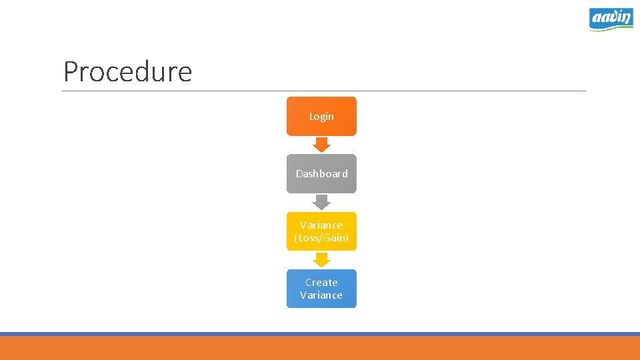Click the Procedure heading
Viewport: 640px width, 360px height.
click(x=127, y=71)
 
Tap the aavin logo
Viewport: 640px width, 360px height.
click(x=611, y=19)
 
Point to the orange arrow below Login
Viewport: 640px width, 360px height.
click(x=321, y=144)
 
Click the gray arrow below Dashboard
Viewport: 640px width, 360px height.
click(x=321, y=201)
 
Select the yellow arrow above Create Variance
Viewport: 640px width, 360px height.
click(x=321, y=259)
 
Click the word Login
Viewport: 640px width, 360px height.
click(x=321, y=117)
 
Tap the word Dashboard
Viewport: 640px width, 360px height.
click(x=322, y=174)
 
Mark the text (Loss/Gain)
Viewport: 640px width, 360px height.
click(x=321, y=238)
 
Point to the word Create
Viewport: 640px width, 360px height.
click(x=321, y=283)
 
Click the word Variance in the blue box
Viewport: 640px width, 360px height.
click(x=321, y=295)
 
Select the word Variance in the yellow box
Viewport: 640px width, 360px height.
click(x=321, y=225)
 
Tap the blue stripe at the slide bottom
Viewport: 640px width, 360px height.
click(x=320, y=334)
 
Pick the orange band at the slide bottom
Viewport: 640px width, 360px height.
click(x=320, y=348)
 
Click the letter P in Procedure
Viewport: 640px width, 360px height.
click(x=71, y=72)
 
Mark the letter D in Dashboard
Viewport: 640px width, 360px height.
click(x=300, y=174)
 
